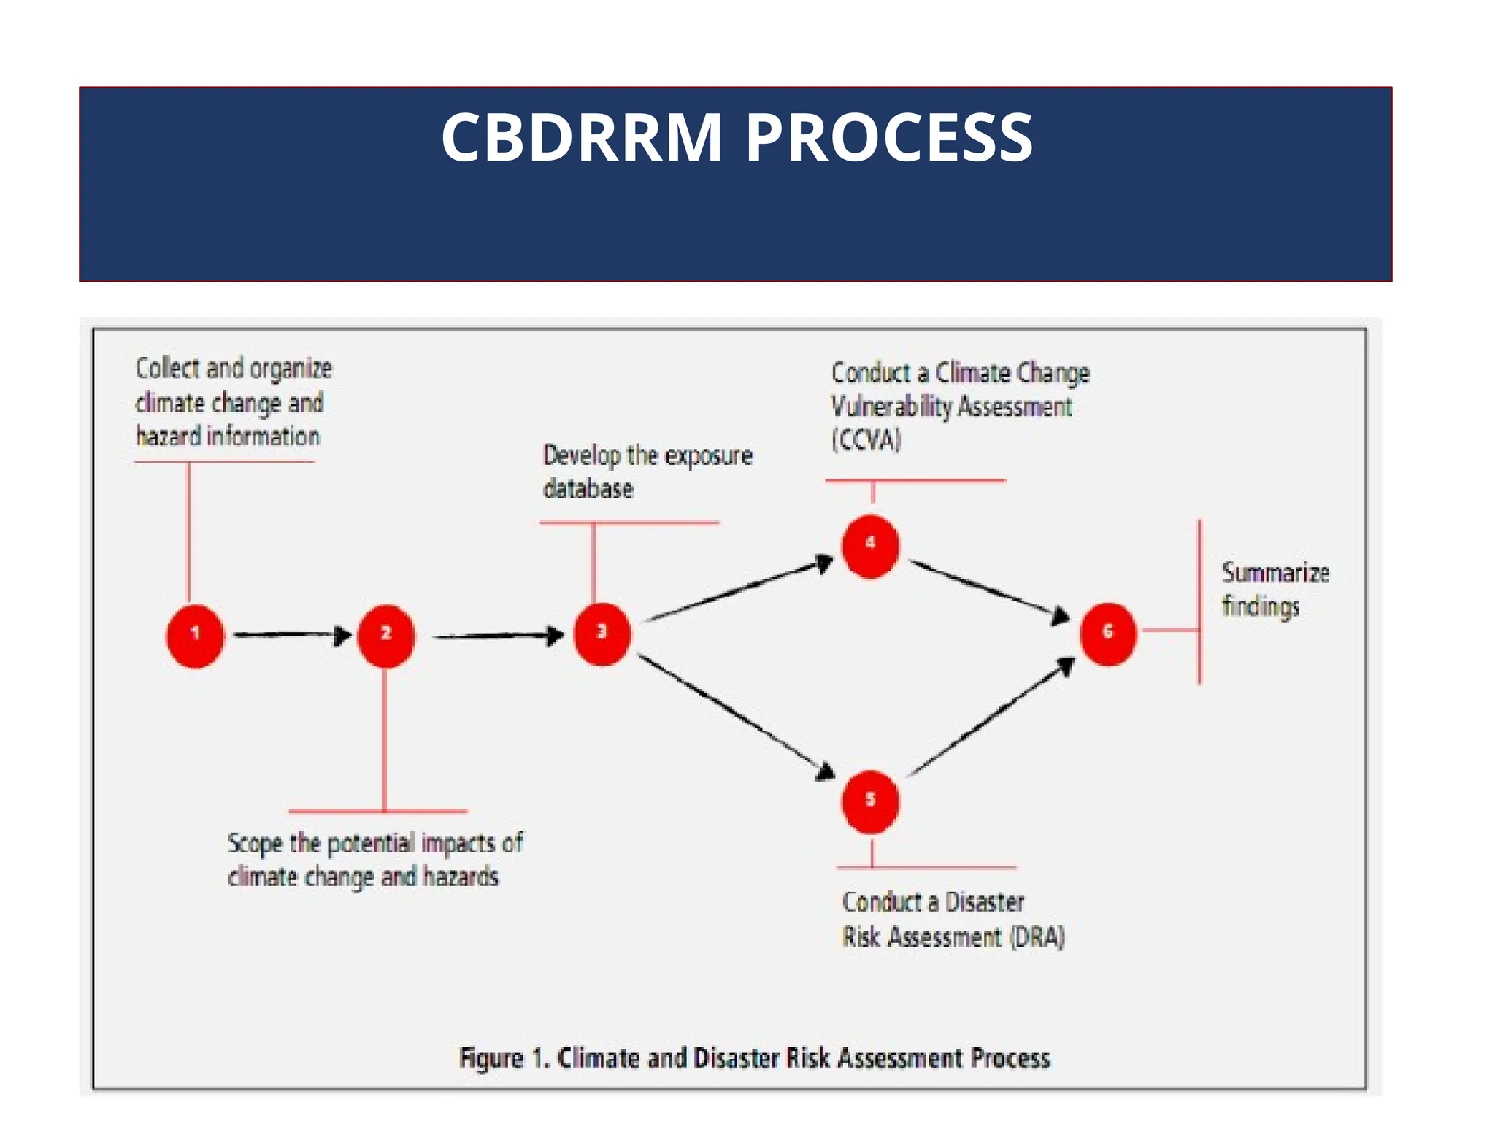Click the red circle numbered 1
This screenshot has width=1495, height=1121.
pos(195,635)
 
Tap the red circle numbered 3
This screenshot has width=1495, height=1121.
pos(602,633)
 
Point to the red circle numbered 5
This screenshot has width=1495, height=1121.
pos(870,801)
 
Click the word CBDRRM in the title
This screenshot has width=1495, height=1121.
pos(582,137)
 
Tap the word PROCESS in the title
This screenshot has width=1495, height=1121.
pos(888,137)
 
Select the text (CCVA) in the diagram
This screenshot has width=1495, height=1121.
pos(866,440)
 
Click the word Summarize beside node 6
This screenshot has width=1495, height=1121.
pos(1275,573)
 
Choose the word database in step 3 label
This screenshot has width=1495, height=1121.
pos(588,489)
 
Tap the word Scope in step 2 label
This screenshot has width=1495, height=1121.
pos(255,844)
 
